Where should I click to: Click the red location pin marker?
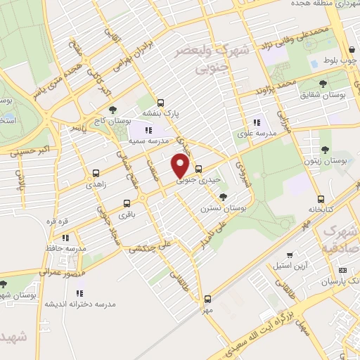[x=181, y=167]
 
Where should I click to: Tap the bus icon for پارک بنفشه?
[x=161, y=101]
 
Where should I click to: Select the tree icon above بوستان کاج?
[x=112, y=109]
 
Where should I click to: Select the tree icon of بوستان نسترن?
[x=223, y=197]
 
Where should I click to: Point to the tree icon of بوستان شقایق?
[x=323, y=83]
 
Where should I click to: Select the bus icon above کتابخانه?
[x=321, y=199]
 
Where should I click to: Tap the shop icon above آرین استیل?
[x=289, y=255]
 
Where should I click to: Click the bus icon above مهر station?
[x=207, y=299]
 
